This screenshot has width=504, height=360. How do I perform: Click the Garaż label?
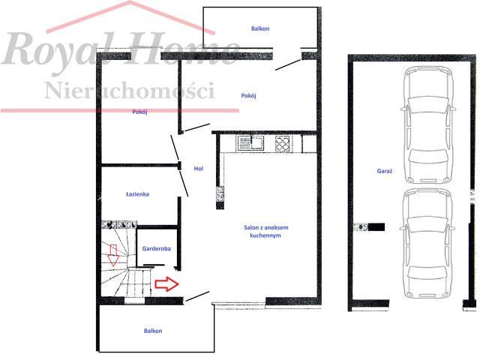click(385, 171)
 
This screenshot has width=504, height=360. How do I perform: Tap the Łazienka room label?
click(137, 194)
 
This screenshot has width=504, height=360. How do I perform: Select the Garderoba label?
click(156, 248)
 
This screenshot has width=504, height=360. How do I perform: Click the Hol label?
click(198, 169)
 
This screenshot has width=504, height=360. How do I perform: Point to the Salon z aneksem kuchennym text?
click(265, 232)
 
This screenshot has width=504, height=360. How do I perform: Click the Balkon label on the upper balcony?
click(260, 28)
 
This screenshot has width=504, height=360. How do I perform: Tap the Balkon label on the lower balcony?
click(153, 331)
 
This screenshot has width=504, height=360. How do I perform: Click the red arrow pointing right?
click(166, 283)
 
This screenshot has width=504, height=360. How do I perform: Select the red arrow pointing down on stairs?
click(112, 255)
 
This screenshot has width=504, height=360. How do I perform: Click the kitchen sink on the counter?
click(250, 143)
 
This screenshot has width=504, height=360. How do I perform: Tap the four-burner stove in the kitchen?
click(283, 143)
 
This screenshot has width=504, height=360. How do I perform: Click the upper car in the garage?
click(428, 124)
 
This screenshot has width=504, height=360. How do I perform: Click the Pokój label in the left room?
click(139, 112)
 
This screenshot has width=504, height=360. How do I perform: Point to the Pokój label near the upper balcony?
click(248, 96)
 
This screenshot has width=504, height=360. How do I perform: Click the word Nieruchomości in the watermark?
click(130, 91)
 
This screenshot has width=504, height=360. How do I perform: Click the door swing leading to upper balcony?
click(288, 65)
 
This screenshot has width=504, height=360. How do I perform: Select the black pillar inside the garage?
click(376, 227)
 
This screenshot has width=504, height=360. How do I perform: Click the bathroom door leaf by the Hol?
click(183, 183)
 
